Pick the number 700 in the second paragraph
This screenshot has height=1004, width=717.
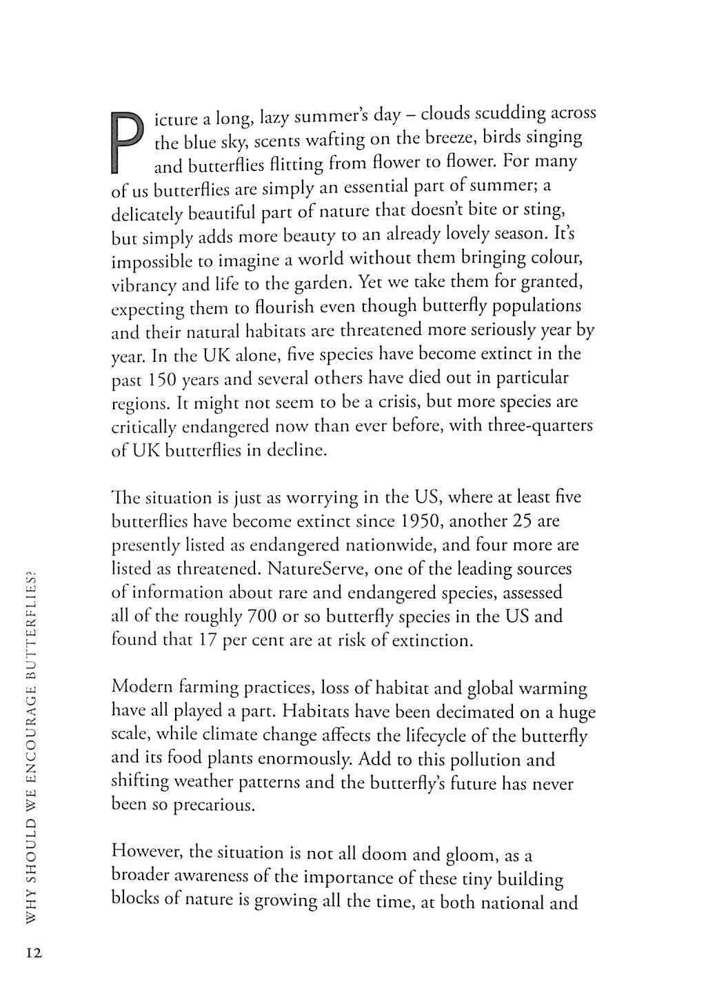(262, 616)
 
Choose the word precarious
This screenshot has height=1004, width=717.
(213, 805)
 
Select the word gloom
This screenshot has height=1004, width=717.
(471, 855)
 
